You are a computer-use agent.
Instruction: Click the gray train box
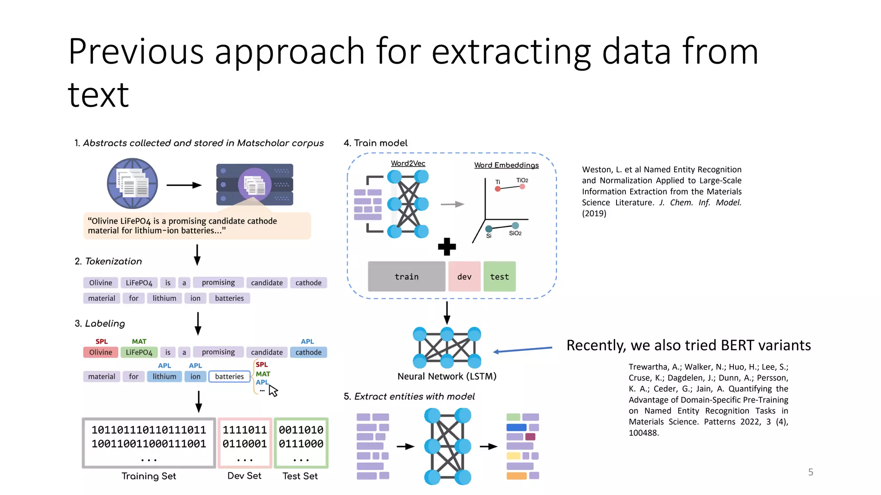pos(406,277)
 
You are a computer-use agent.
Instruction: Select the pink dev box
pos(464,277)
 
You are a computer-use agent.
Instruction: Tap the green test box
pos(499,277)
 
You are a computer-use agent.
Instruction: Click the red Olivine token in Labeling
pos(100,352)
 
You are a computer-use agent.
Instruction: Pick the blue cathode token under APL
pos(308,352)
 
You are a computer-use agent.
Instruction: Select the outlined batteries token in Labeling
pos(229,376)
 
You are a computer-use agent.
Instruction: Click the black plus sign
pos(447,247)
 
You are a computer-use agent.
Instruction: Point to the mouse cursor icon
pos(273,391)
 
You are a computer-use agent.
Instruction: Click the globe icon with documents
pos(132,183)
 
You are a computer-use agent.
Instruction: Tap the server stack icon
pos(255,184)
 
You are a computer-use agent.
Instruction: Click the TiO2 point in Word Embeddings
pos(522,186)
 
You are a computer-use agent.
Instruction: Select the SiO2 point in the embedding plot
pos(515,226)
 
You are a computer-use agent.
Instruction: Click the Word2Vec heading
pos(408,163)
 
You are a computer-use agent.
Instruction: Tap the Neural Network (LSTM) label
pos(447,376)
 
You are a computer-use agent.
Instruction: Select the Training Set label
pos(149,476)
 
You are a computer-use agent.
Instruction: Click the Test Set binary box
pos(301,443)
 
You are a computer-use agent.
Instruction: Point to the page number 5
pos(810,472)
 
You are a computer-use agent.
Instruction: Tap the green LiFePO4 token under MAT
pos(139,352)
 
